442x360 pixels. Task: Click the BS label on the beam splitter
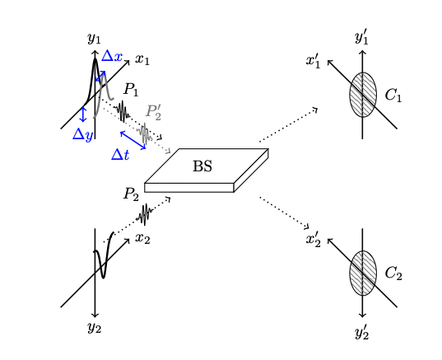point(202,166)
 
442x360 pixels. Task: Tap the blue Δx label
point(112,57)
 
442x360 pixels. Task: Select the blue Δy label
point(82,134)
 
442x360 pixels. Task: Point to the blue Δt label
point(120,154)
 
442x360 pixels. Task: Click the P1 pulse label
point(132,89)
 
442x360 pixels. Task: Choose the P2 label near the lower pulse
point(132,194)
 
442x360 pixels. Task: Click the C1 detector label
point(393,96)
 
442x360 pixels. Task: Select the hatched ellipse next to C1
point(363,95)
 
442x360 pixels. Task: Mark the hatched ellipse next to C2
point(363,273)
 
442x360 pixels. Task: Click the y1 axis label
point(94,38)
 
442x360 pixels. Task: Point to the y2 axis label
point(94,328)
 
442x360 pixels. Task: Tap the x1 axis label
point(143,59)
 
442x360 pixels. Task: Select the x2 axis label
point(143,239)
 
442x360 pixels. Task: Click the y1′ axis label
point(362,37)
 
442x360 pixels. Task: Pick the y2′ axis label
point(362,332)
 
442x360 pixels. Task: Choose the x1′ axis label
point(314,61)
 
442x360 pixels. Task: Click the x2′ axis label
point(314,240)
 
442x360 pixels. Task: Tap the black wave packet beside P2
point(145,215)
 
